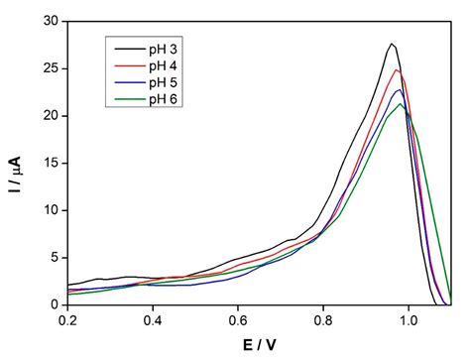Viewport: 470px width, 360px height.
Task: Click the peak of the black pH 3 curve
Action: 393,44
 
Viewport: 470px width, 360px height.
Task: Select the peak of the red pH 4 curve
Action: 397,69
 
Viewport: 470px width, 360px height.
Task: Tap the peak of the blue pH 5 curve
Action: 398,90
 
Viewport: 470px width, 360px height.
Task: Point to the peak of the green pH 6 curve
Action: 401,104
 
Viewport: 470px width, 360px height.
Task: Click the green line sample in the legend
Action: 127,99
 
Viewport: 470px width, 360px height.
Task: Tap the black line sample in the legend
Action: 127,47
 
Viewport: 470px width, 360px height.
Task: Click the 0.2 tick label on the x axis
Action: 68,320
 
